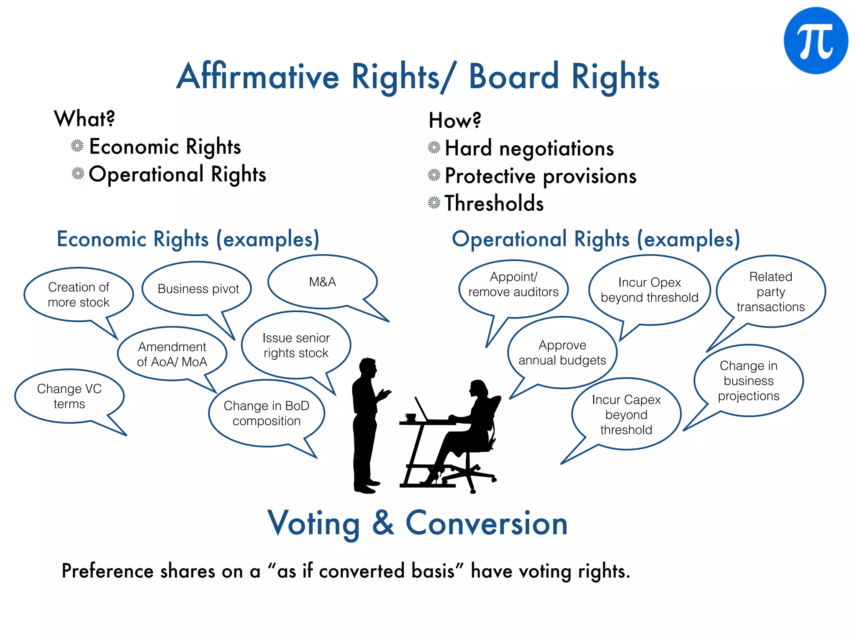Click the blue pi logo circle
coord(816,41)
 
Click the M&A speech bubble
coord(322,282)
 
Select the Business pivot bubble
coord(198,289)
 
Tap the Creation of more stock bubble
coord(78,295)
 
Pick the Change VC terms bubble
coord(69,396)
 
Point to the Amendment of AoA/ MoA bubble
coord(172,354)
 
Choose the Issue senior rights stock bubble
coord(296,345)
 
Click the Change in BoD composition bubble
coord(267,413)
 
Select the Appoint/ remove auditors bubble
coord(513,285)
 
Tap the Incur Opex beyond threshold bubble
coord(649,290)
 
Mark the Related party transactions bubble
coord(770,292)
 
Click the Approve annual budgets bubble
coord(562,352)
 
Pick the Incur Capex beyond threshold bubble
coord(626,414)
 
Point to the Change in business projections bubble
coord(748,381)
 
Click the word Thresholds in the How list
coord(494,203)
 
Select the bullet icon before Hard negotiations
coord(434,148)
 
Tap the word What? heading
coord(84,118)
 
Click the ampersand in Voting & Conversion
coord(383,523)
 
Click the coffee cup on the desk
coord(411,417)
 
